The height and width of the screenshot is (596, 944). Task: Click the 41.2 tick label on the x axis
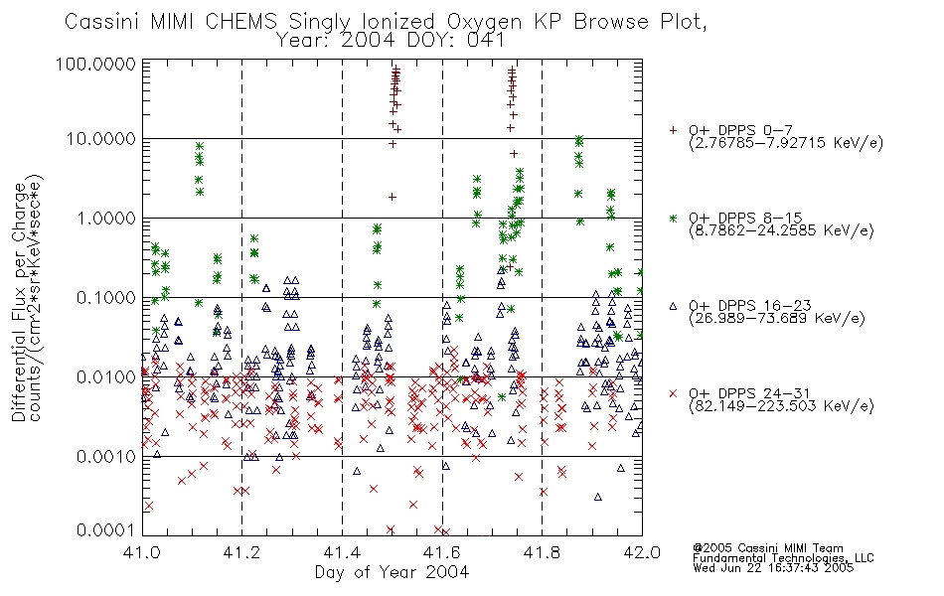[x=242, y=552]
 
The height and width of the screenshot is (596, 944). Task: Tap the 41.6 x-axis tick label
[x=442, y=552]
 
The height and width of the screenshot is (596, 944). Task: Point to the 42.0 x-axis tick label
[x=642, y=552]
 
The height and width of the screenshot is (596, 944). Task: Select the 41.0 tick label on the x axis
[x=143, y=552]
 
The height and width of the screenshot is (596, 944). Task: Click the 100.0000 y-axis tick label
[x=96, y=64]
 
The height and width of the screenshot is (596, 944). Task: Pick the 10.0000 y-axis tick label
[x=101, y=139]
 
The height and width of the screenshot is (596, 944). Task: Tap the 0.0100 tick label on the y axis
[x=106, y=377]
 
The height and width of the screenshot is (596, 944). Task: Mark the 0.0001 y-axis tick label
[x=106, y=529]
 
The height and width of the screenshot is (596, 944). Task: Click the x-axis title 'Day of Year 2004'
[x=392, y=572]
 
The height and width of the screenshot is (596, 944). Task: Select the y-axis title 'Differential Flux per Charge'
[x=19, y=303]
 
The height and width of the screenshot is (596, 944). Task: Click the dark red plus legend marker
[x=673, y=130]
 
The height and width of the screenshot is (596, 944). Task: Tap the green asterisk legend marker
[x=673, y=218]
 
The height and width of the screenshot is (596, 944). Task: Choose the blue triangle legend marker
[x=673, y=306]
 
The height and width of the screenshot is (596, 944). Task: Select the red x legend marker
[x=673, y=393]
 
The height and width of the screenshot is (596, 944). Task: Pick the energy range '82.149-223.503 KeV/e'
[x=781, y=406]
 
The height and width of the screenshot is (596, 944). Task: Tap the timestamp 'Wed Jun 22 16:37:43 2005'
[x=773, y=568]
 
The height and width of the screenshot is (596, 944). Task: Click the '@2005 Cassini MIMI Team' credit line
[x=768, y=548]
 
